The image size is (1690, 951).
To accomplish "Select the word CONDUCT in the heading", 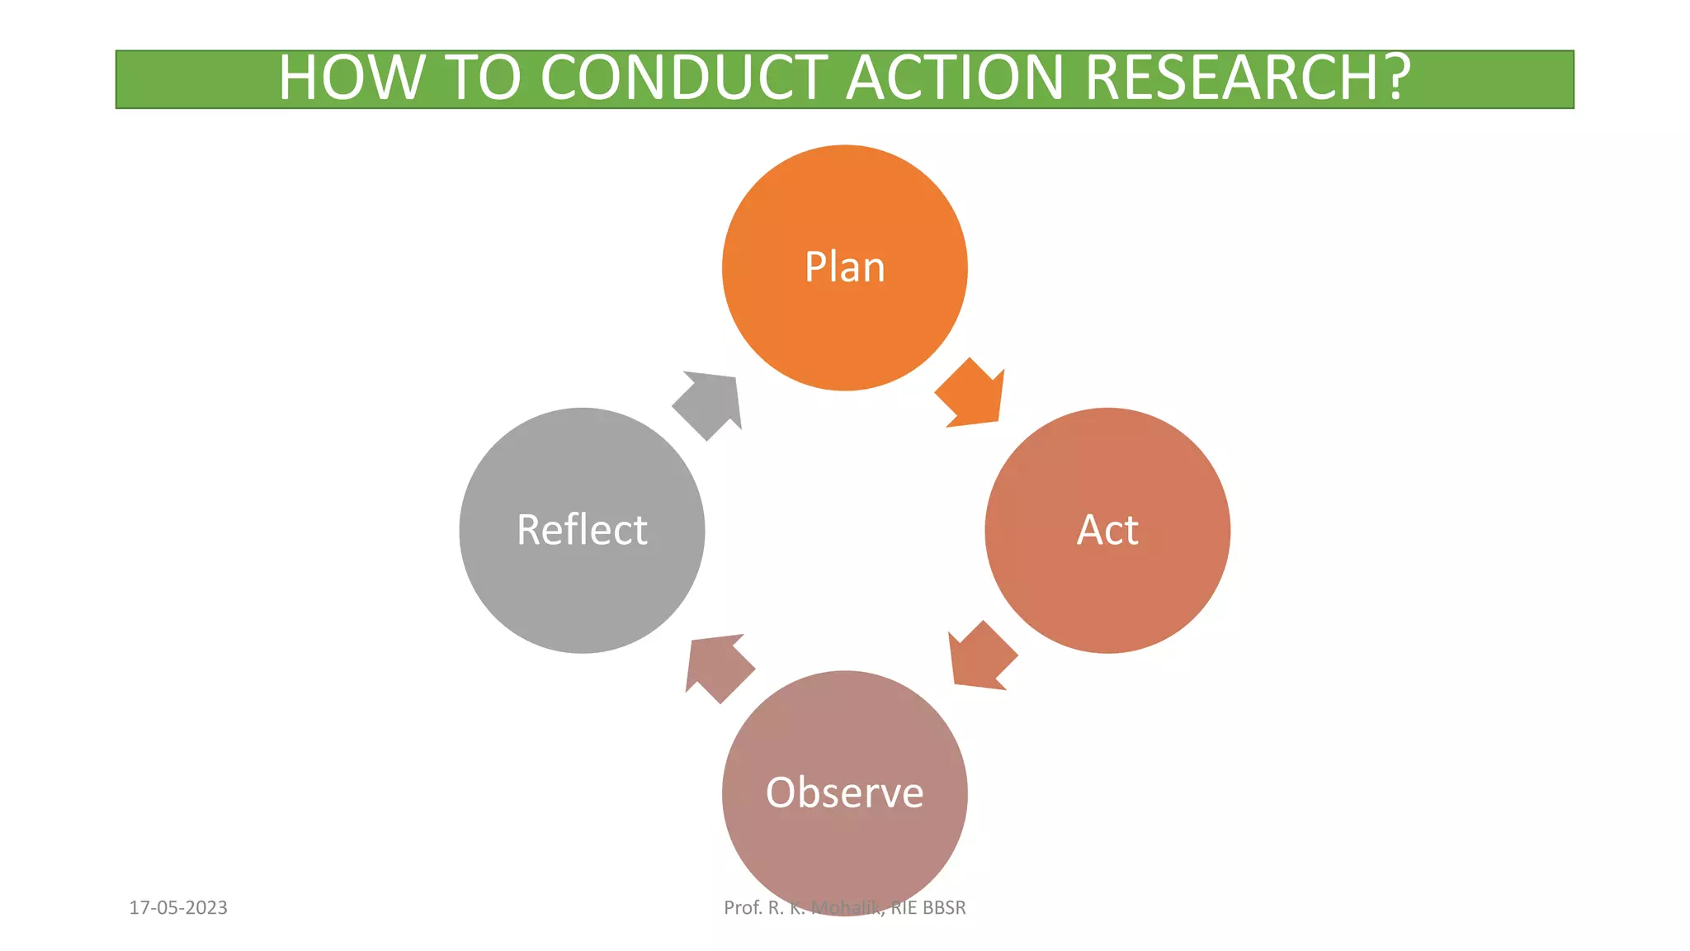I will pos(684,78).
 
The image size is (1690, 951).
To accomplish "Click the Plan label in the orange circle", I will pos(844,267).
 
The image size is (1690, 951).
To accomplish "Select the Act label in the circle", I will pos(1107,530).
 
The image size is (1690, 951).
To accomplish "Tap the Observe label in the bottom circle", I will pos(844,792).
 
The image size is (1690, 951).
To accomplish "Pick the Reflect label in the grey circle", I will pos(582,530).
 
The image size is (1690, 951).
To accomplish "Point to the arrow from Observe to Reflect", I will pos(717,666).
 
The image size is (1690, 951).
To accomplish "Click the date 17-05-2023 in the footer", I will pos(178,908).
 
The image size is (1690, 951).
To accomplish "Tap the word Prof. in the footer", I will pos(743,908).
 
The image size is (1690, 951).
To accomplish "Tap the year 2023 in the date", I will pos(206,908).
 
